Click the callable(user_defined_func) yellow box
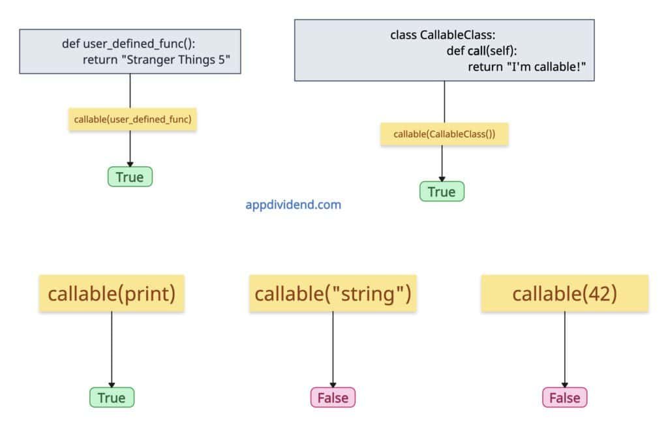click(x=133, y=119)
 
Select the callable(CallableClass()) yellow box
click(x=444, y=134)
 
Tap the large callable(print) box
click(x=112, y=293)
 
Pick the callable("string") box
click(x=333, y=293)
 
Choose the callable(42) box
click(x=564, y=293)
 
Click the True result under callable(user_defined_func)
click(x=130, y=177)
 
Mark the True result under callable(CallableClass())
click(x=442, y=191)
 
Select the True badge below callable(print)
click(x=112, y=397)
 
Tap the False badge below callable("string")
click(x=333, y=397)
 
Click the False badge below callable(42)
click(x=564, y=397)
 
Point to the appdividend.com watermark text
click(x=293, y=205)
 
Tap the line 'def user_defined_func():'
click(x=129, y=44)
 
